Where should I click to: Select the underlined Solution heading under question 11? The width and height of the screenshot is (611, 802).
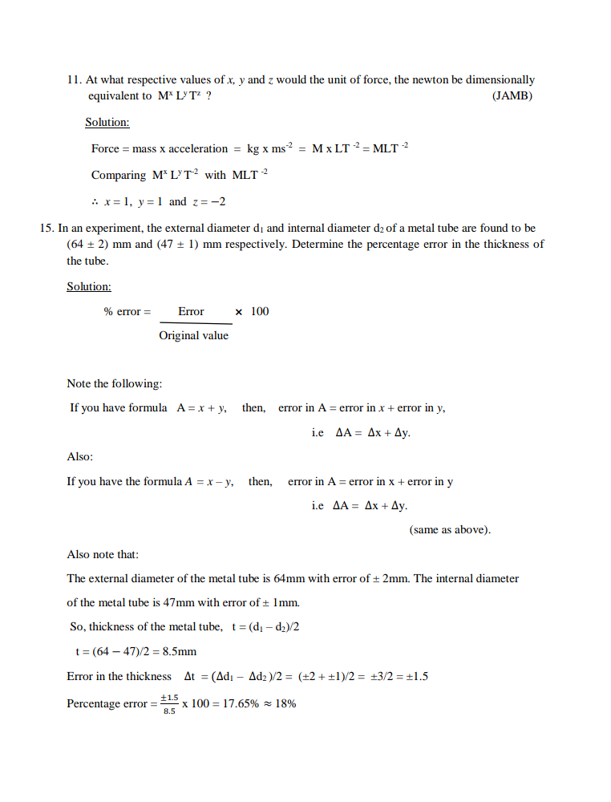pos(107,123)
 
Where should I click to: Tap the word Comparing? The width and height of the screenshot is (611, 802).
pos(118,175)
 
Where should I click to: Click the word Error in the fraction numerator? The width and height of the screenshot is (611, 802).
pos(191,311)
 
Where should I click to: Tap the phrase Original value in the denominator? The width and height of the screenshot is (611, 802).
pos(193,335)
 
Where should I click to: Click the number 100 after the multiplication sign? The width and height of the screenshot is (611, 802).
pos(260,311)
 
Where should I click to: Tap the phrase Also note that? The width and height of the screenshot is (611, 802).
pos(103,554)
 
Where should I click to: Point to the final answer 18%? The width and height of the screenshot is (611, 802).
pos(286,704)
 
